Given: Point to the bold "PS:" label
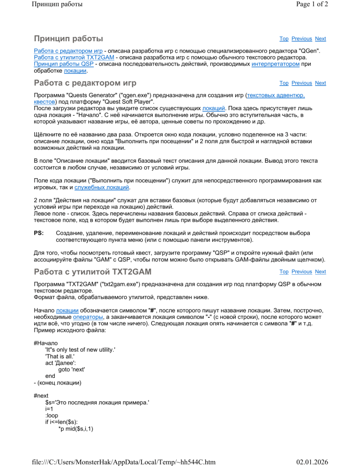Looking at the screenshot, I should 39,233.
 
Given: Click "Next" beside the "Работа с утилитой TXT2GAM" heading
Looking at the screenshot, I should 321,271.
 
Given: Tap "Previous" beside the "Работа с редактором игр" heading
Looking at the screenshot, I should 301,83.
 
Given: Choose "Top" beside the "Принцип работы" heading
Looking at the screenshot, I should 284,38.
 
